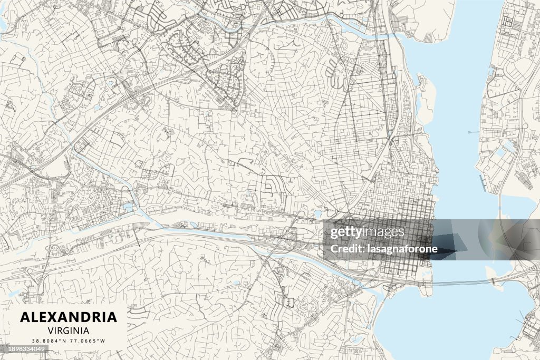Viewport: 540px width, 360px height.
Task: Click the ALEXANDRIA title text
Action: point(69,317)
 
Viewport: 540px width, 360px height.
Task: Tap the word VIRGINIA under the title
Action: point(69,330)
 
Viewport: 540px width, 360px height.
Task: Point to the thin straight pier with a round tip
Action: point(475,132)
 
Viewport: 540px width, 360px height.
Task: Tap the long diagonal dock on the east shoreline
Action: point(483,182)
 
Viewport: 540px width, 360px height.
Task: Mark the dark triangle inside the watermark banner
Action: point(448,248)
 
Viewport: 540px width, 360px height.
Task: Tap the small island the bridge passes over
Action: point(496,282)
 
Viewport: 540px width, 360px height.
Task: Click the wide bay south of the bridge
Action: point(448,322)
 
